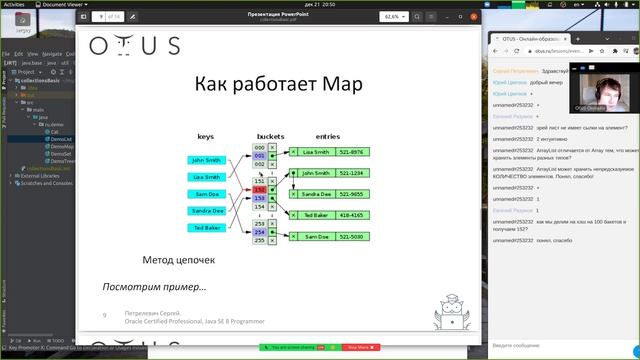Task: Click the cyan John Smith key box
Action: (x=207, y=160)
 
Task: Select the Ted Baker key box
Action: (x=207, y=228)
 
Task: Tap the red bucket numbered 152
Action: (x=259, y=189)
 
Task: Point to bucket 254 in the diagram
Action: (x=259, y=232)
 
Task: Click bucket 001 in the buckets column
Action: (x=259, y=156)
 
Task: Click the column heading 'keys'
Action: (x=206, y=136)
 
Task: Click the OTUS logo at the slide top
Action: (x=135, y=45)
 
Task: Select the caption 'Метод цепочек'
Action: (x=178, y=260)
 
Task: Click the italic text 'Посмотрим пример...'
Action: (x=154, y=287)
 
